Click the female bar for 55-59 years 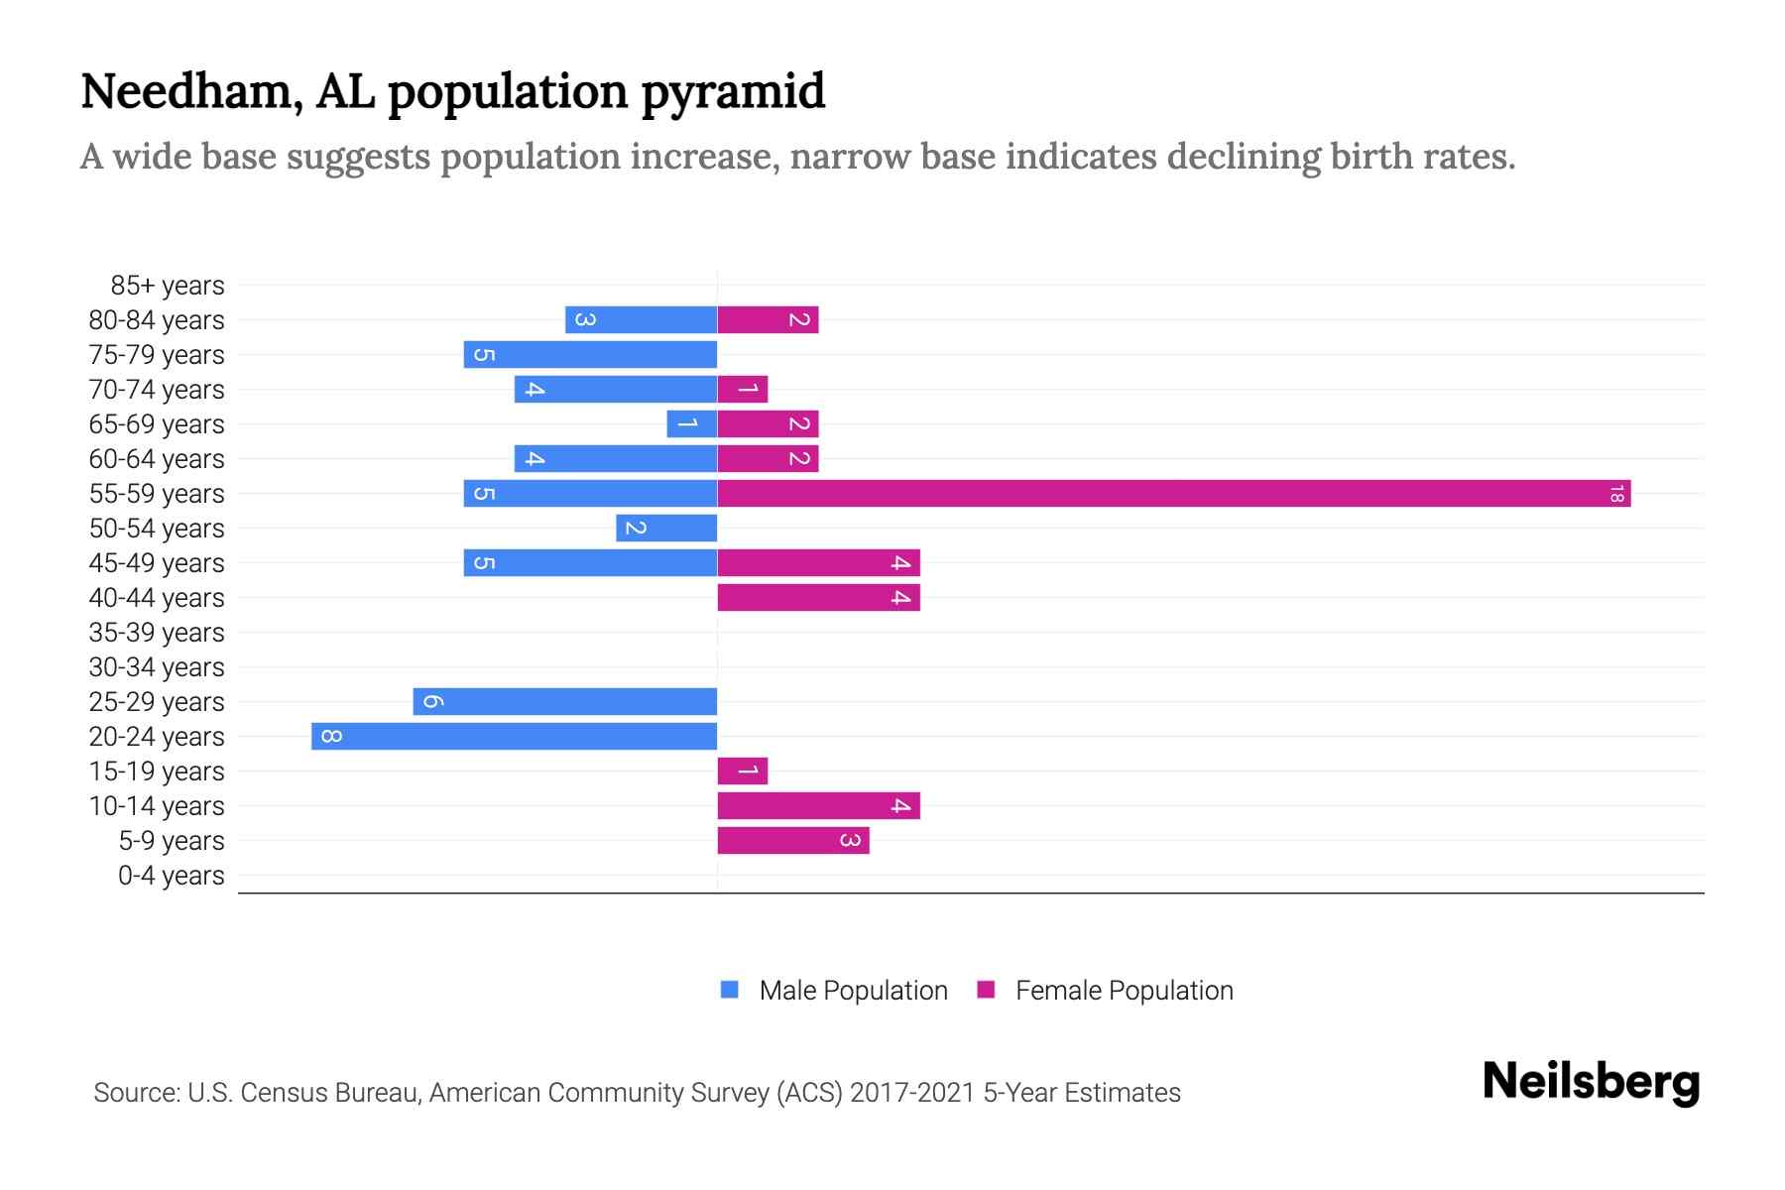tap(1173, 493)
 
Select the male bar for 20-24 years tap(514, 736)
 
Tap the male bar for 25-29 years tap(564, 701)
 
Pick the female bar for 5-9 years tap(792, 840)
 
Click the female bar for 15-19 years tap(742, 771)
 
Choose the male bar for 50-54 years tap(665, 528)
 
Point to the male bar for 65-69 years tap(691, 423)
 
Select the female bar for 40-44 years tap(818, 597)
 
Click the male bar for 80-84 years tap(641, 319)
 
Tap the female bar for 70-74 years tap(742, 389)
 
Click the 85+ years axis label tap(167, 286)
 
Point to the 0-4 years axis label tap(171, 876)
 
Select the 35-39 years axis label tap(156, 633)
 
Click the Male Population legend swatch tap(730, 990)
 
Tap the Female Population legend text tap(1124, 991)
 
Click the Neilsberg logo tap(1591, 1082)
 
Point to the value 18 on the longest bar tap(1616, 493)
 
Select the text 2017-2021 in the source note tap(911, 1093)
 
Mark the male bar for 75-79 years tap(590, 354)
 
